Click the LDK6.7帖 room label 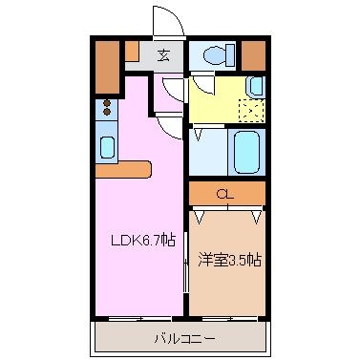143,240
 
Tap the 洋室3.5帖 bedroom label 229,260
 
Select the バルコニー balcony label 184,338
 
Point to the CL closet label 225,194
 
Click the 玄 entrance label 163,56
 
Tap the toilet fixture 219,55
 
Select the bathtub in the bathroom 246,152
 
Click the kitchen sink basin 107,147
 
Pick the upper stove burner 107,103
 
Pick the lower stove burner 107,112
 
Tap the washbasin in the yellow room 256,87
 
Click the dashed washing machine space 252,111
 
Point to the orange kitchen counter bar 123,170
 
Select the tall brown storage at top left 108,67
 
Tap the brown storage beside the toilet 253,55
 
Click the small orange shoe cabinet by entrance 132,51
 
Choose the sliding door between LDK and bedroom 186,262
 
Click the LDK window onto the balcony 139,318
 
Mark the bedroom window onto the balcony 230,318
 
